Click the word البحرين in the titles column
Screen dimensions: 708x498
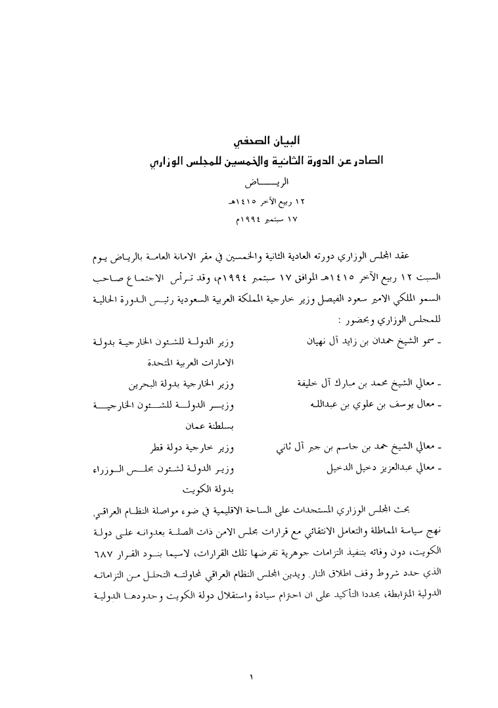tap(145, 385)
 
